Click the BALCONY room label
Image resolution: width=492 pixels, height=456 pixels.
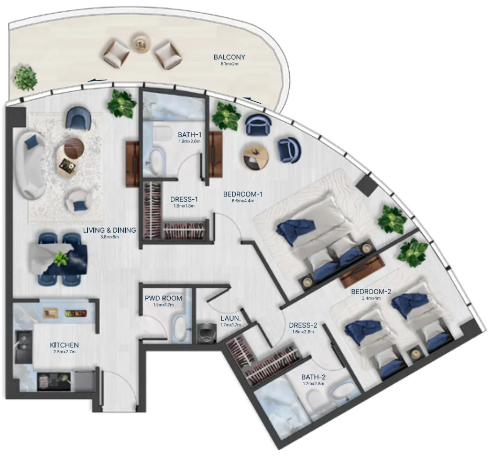pos(229,57)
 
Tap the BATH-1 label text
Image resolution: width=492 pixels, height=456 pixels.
pos(189,134)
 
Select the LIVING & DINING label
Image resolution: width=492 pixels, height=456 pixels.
pos(110,230)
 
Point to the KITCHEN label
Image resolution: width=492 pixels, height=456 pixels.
pos(64,345)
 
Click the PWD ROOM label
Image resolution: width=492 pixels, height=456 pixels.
pos(163,298)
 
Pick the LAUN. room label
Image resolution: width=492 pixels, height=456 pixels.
pos(231,318)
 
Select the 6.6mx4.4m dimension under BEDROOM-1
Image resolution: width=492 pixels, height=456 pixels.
pos(243,201)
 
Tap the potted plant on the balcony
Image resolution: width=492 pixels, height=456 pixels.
pos(25,78)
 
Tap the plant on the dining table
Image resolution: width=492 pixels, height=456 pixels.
pos(61,258)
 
